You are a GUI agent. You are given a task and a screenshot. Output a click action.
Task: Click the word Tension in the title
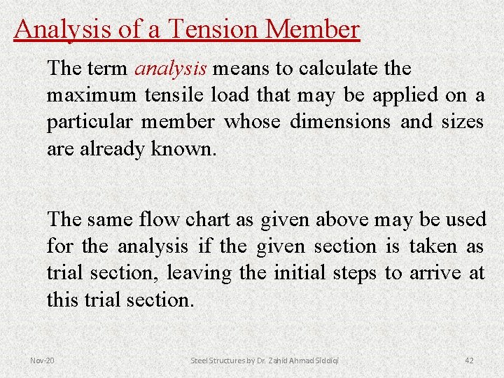pyautogui.click(x=214, y=29)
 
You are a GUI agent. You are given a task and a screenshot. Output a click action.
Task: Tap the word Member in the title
pyautogui.click(x=313, y=29)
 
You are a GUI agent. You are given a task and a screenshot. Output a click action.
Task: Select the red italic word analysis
pyautogui.click(x=170, y=69)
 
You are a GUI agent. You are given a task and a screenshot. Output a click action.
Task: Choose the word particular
pyautogui.click(x=90, y=122)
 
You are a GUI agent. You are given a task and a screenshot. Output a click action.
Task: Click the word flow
pyautogui.click(x=158, y=220)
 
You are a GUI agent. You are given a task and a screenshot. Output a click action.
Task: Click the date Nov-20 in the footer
pyautogui.click(x=42, y=360)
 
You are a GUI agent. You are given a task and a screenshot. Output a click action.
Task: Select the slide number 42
pyautogui.click(x=469, y=360)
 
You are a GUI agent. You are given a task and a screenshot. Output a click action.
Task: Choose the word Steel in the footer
pyautogui.click(x=201, y=360)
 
